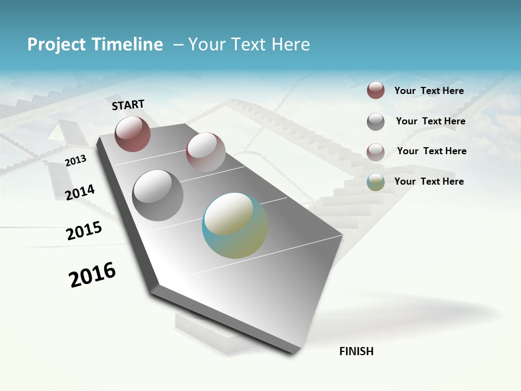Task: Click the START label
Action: click(128, 105)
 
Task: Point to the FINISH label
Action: click(357, 351)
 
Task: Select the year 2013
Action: click(75, 161)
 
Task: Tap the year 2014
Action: click(80, 192)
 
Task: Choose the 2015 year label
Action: click(84, 231)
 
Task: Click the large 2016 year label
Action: click(92, 274)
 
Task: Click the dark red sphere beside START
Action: click(132, 134)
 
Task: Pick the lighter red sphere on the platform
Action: click(206, 152)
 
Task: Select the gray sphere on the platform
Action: click(158, 195)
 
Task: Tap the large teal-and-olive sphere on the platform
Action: click(235, 225)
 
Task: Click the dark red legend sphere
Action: click(376, 90)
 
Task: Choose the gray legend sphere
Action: click(376, 122)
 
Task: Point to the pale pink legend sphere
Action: click(376, 152)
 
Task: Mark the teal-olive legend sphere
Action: click(376, 182)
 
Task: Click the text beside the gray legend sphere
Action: click(430, 121)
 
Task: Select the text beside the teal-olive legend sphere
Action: click(429, 181)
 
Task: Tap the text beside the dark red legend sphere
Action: click(429, 91)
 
